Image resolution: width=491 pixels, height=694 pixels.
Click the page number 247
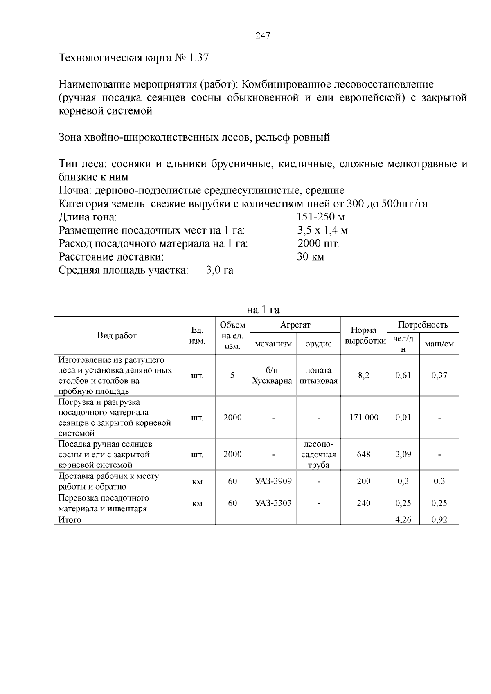[x=263, y=36]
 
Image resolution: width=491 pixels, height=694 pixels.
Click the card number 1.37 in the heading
[x=198, y=58]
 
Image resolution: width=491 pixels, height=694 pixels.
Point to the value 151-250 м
[x=321, y=217]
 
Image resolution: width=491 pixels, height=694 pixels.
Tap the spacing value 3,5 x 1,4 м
[x=322, y=231]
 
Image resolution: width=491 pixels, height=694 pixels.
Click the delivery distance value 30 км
[x=310, y=257]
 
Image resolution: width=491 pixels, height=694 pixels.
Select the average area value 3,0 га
[x=220, y=270]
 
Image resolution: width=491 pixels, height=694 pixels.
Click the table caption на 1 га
[x=263, y=310]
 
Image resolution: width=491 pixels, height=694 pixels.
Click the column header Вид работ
[x=117, y=336]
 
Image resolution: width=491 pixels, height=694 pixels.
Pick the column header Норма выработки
[x=363, y=336]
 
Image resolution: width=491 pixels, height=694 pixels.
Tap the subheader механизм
[x=273, y=344]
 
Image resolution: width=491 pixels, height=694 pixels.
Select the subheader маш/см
[x=439, y=344]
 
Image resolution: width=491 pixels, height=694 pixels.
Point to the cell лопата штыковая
[x=318, y=376]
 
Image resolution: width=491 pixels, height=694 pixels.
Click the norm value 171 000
[x=363, y=418]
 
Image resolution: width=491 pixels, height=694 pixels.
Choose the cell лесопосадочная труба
[x=318, y=455]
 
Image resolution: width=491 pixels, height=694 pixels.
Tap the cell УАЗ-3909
[x=273, y=481]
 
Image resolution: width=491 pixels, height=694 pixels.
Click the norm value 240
[x=363, y=503]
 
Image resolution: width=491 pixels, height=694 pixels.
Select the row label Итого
[x=70, y=520]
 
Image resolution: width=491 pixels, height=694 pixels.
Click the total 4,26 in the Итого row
[x=403, y=520]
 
